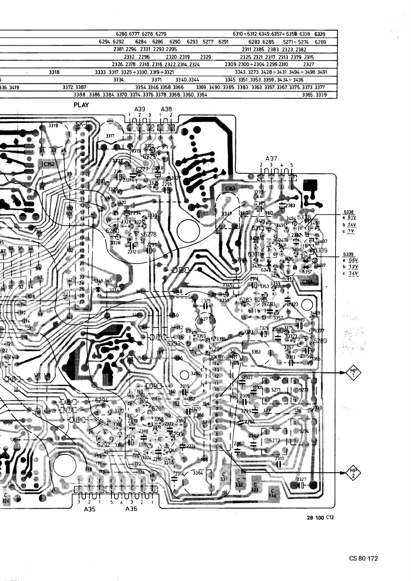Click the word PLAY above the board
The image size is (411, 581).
[x=81, y=105]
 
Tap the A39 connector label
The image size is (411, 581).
[x=140, y=109]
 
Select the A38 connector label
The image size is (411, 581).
[x=166, y=109]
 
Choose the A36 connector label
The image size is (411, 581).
[x=131, y=509]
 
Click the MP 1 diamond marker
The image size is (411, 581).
[x=353, y=373]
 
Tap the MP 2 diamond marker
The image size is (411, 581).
[x=353, y=473]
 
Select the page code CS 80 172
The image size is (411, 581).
[x=363, y=558]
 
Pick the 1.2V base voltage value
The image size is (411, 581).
[x=353, y=267]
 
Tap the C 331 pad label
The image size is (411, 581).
[x=224, y=477]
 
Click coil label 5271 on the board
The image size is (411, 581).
[x=276, y=390]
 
